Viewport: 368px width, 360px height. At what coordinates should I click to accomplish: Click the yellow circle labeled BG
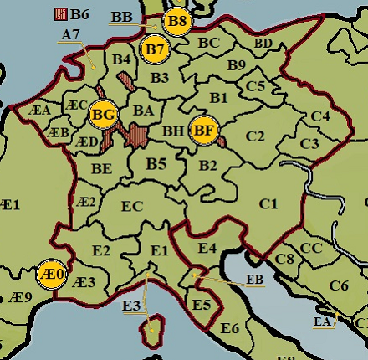[x=103, y=113]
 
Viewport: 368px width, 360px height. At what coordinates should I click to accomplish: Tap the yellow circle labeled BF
[x=202, y=131]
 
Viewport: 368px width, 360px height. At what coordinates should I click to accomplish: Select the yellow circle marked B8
[x=177, y=22]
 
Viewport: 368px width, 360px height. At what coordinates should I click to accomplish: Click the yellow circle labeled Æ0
[x=52, y=273]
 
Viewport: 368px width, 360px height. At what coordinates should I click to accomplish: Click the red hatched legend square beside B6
[x=59, y=13]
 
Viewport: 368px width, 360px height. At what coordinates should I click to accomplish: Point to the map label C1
[x=268, y=203]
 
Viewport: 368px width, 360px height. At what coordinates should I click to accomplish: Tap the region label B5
[x=156, y=164]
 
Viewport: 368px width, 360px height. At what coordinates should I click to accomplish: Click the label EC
[x=132, y=206]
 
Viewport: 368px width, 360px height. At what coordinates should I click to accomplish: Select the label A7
[x=70, y=35]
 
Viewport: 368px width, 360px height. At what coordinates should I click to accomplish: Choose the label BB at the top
[x=121, y=17]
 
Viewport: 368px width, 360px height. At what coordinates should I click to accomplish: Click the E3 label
[x=130, y=306]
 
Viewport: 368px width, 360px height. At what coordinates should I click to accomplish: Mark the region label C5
[x=256, y=85]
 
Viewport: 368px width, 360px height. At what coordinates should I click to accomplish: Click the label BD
[x=263, y=43]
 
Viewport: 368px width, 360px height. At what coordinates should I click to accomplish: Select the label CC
[x=311, y=248]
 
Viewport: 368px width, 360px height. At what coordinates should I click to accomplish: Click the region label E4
[x=207, y=247]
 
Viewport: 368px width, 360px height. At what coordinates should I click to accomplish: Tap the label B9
[x=237, y=64]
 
